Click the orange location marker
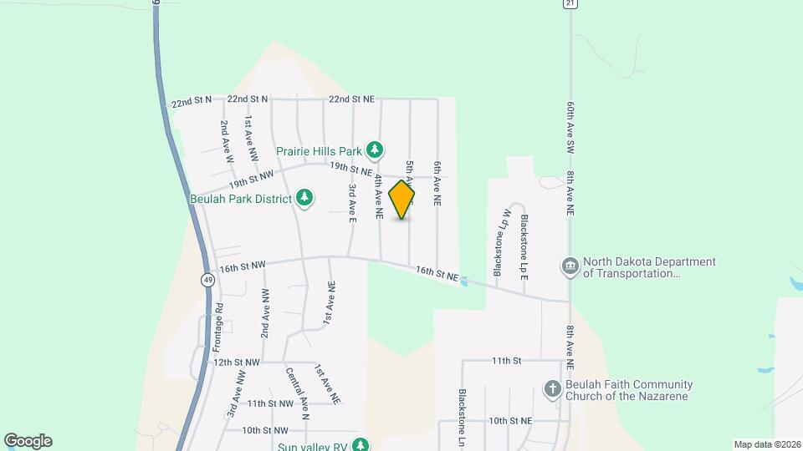(401, 200)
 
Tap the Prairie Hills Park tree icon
(376, 150)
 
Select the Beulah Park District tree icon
(305, 199)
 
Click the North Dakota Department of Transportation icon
(570, 266)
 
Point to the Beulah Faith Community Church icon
(551, 389)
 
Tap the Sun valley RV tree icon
(361, 446)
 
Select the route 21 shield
(570, 4)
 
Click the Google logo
(28, 441)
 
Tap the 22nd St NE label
(352, 99)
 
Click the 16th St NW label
(243, 267)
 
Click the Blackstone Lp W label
(500, 243)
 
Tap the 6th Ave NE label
(436, 184)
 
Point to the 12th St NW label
(237, 362)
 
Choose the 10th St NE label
(511, 421)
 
